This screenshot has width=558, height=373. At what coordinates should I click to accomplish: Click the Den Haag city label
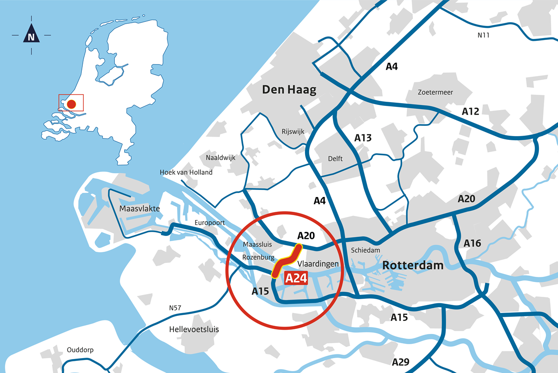[289, 90]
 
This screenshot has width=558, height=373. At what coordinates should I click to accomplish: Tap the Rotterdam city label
[412, 266]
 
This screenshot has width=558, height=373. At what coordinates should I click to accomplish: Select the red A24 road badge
[296, 278]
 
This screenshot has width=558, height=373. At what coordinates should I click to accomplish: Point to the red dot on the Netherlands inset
[71, 104]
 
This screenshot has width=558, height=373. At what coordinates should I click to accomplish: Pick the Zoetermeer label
[435, 92]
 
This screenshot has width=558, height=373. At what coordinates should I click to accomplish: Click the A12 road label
[470, 111]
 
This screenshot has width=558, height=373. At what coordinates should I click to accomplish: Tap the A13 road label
[363, 137]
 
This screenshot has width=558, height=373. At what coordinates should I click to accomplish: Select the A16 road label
[473, 243]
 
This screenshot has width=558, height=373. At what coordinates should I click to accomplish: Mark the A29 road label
[401, 362]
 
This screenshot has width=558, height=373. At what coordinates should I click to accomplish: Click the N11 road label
[484, 35]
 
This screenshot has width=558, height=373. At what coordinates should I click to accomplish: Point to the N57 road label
[176, 308]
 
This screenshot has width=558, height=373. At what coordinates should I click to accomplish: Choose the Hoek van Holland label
[186, 172]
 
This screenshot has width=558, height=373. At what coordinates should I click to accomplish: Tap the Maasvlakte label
[139, 209]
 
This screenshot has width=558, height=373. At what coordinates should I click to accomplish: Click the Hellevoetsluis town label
[194, 329]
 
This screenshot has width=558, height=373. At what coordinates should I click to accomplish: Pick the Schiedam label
[365, 250]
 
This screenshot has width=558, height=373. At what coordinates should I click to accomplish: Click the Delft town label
[335, 159]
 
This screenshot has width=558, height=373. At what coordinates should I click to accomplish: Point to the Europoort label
[210, 222]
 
